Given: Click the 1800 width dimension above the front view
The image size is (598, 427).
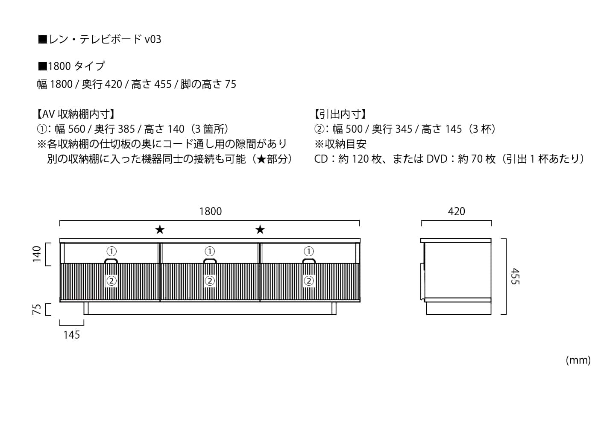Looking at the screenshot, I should pos(211,211).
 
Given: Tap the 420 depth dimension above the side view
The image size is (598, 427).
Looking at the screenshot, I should pos(456,211).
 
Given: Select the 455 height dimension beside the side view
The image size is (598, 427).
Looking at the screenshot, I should pos(515,276).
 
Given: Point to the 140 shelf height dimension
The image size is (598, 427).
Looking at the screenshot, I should pos(37,254).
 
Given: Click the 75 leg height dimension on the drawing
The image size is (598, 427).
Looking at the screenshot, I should pos(37,309).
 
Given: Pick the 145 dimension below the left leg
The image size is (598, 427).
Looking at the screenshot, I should pos(71,335).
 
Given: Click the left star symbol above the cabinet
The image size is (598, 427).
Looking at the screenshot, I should pos(160,230).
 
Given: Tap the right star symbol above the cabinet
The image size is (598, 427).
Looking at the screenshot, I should pos(260,230).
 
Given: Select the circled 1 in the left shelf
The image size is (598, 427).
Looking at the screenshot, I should pos(111,251).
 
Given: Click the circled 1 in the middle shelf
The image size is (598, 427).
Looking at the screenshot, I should pos(210,251).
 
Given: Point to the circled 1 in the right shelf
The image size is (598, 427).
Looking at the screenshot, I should pos(308,251).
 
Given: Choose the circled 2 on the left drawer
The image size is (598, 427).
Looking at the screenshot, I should pos(111,281).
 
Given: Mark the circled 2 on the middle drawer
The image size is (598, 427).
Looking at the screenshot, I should pos(210,281).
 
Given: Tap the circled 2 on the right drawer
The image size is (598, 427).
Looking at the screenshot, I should pos(308,281).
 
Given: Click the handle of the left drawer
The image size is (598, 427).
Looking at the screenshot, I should pos(111,261).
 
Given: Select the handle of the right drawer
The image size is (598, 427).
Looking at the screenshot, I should pos(308,261).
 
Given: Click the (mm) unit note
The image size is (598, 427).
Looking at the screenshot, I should pos(578,360).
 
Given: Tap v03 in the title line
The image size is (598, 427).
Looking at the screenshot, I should pos(153,40).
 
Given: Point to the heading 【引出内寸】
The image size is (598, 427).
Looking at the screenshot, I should pos(340,114).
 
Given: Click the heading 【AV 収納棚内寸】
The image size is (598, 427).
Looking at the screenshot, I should pos(76,114).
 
